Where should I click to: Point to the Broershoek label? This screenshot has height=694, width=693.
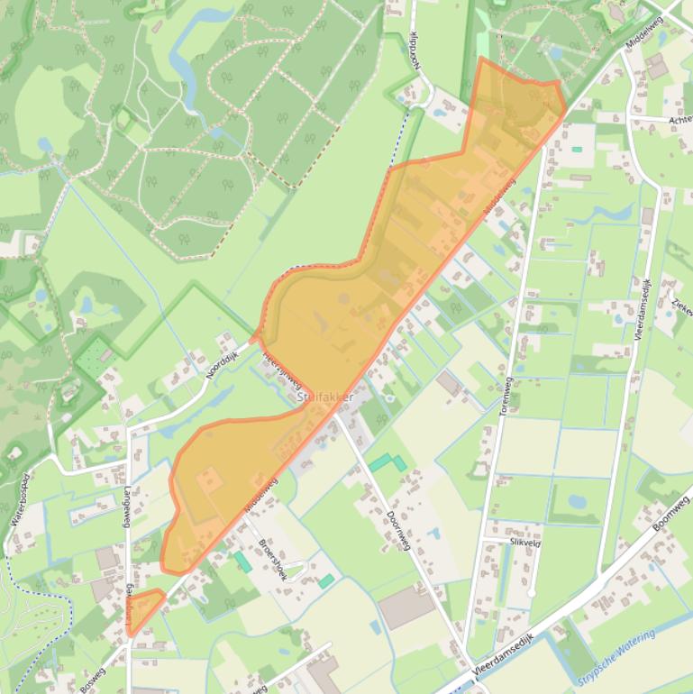tap(271, 559)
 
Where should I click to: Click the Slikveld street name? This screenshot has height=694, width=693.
tap(524, 543)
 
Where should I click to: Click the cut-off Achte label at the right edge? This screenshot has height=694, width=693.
tap(680, 119)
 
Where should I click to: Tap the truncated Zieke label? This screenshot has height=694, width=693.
tap(682, 298)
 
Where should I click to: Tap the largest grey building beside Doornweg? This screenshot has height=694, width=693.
tap(406, 608)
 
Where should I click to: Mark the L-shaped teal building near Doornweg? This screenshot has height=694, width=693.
tap(387, 463)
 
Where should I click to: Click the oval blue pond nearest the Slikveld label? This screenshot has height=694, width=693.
tap(576, 501)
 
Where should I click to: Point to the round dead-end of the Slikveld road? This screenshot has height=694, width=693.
tap(532, 592)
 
